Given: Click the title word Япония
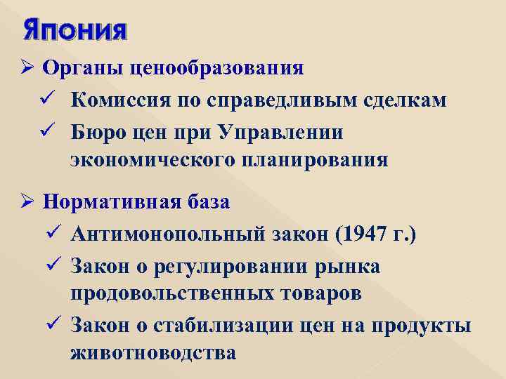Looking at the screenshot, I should pos(75,32).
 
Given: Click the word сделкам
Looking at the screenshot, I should pos(405,100).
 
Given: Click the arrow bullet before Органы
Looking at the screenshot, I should pos(29,69).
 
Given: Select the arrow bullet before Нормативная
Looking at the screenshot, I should pos(29,202).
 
